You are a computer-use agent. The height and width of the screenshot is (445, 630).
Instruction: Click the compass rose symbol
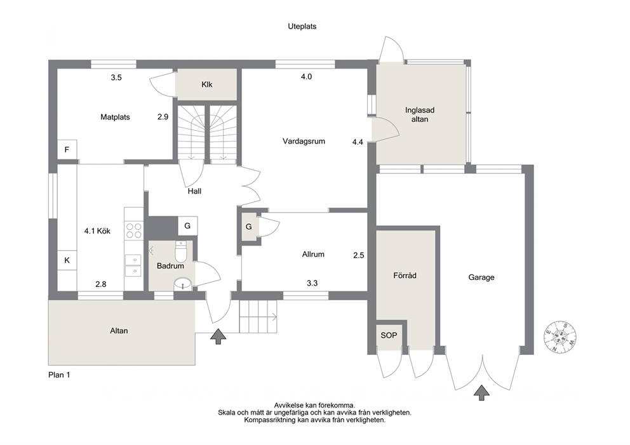(x=561, y=337)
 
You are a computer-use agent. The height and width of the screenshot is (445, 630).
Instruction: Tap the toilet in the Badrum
(x=181, y=251)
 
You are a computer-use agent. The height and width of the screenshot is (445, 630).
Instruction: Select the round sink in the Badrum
(x=183, y=284)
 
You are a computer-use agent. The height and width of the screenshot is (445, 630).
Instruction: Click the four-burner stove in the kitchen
(x=134, y=230)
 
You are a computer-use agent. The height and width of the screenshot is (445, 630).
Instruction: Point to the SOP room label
(x=389, y=335)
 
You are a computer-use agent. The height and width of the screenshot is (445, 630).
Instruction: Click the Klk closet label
(x=207, y=84)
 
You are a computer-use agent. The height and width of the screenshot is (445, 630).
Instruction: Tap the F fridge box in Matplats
(x=67, y=150)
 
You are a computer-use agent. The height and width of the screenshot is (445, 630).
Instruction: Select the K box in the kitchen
(x=67, y=260)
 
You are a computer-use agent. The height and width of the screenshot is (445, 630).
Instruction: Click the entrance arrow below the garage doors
(x=481, y=393)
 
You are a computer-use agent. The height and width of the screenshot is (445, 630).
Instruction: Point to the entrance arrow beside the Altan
(x=218, y=336)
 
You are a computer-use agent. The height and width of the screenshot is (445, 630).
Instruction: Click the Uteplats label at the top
(x=302, y=27)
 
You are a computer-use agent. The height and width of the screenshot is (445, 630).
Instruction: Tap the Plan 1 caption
(x=59, y=375)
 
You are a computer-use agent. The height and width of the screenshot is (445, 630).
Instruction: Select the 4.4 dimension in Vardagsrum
(x=358, y=142)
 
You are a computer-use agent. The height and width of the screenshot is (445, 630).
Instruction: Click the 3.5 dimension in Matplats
(x=116, y=77)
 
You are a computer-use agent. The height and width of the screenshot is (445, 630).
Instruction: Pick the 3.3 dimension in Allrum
(x=312, y=283)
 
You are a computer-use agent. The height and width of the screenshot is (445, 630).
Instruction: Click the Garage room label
(x=481, y=277)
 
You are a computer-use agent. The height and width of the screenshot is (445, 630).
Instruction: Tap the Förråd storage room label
(x=405, y=276)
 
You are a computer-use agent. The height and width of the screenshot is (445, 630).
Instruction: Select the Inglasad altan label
(x=419, y=114)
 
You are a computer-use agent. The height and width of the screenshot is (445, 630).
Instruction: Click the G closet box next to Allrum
(x=249, y=227)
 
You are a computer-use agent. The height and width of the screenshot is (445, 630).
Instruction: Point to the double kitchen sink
(x=133, y=266)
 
